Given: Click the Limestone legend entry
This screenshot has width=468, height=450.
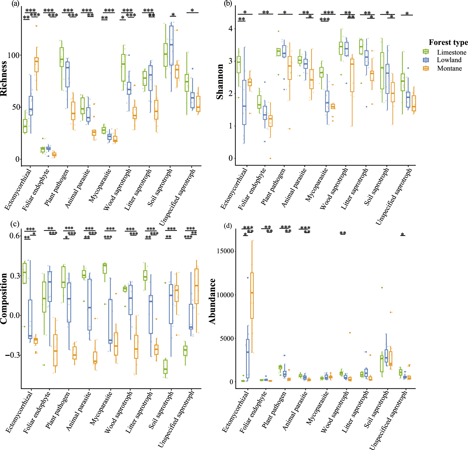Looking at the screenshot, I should click(451, 52).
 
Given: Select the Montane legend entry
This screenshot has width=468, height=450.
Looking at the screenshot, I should click(449, 68).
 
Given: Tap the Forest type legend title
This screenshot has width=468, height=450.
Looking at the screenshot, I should click(448, 42).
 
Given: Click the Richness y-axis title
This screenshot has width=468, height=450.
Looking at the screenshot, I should click(4, 79).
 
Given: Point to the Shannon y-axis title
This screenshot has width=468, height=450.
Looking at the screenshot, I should click(220, 82).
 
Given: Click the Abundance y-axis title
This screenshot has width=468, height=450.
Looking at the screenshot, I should click(213, 301).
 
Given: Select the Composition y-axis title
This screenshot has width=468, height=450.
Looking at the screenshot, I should click(4, 298).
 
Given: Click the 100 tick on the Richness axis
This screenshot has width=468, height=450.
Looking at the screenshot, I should click(13, 55).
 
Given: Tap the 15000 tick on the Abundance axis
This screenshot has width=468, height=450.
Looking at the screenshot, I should click(225, 251).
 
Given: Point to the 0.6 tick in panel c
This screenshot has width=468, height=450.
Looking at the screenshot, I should click(14, 236).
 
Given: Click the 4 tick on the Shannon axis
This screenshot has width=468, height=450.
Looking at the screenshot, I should click(231, 29).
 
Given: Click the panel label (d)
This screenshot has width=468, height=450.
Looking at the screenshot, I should click(228, 226).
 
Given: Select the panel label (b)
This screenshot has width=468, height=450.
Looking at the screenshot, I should click(228, 4).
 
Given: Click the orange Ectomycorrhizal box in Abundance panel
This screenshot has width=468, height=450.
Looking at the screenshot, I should click(252, 295).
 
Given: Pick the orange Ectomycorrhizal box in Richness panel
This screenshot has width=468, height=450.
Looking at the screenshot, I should click(36, 65).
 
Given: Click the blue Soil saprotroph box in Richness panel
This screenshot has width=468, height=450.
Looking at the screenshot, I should click(171, 45).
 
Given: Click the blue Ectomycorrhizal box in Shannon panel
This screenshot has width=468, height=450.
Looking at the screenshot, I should click(244, 102).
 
